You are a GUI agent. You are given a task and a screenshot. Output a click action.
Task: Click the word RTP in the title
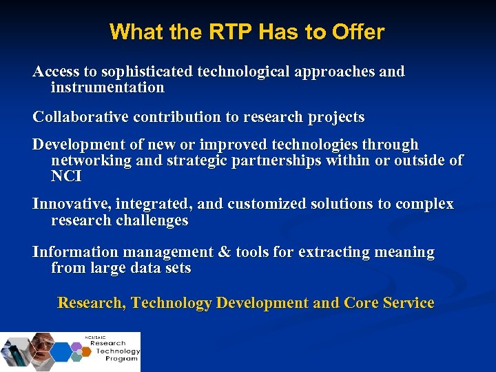tap(195, 32)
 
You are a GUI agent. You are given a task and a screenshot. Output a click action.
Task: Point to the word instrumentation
tap(107, 87)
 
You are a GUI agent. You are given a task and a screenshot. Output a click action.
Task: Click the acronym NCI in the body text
tap(66, 176)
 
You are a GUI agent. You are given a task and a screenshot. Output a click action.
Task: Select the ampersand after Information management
tap(224, 252)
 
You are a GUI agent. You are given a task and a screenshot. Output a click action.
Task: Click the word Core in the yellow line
tap(362, 303)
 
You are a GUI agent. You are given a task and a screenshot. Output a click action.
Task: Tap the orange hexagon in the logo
tap(86, 351)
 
